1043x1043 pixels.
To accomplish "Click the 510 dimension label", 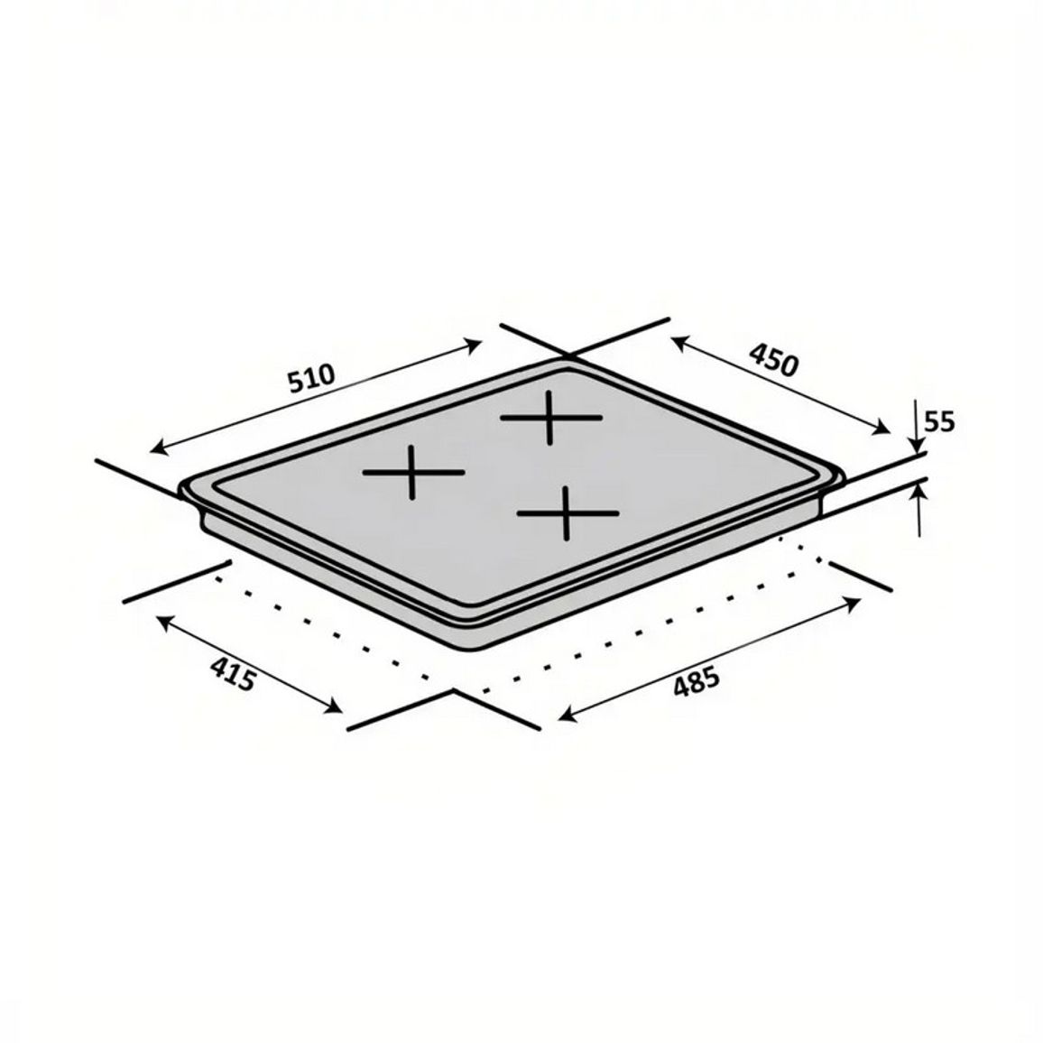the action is pyautogui.click(x=310, y=378).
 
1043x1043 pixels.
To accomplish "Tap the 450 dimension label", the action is pyautogui.click(x=773, y=359).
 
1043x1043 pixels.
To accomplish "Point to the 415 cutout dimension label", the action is pyautogui.click(x=232, y=673).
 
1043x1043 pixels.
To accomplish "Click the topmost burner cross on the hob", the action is pyautogui.click(x=550, y=418).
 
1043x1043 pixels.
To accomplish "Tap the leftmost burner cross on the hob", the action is pyautogui.click(x=413, y=472).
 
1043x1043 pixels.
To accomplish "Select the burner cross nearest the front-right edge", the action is pyautogui.click(x=568, y=512).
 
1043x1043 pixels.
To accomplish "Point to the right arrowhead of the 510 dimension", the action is pyautogui.click(x=474, y=344).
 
